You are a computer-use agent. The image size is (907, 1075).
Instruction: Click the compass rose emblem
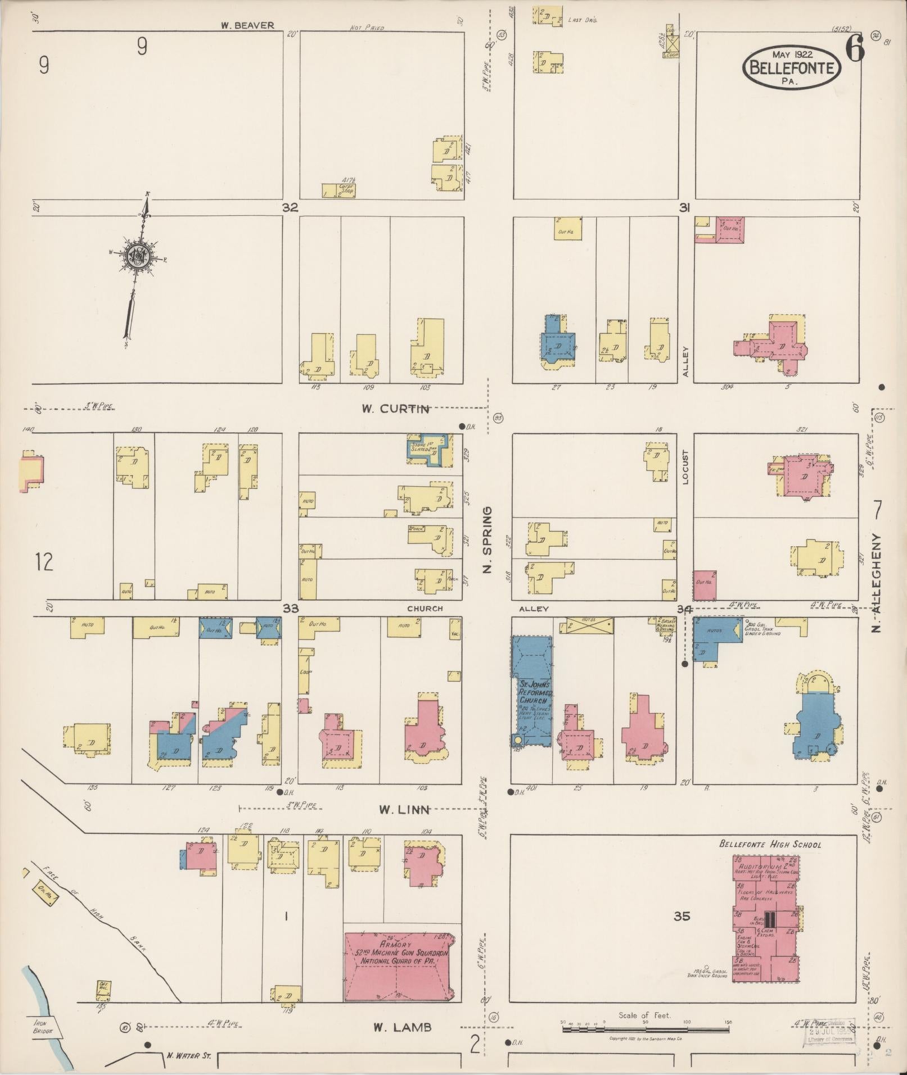(137, 257)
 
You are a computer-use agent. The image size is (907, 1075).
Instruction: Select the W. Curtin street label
(396, 409)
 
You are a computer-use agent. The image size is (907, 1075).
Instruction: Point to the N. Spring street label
(488, 539)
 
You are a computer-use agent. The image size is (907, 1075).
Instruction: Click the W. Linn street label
(404, 810)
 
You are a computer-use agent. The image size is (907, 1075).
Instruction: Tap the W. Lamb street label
(403, 1027)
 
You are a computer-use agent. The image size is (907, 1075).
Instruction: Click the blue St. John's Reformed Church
(532, 691)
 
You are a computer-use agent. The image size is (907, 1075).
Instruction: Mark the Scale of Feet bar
(647, 1029)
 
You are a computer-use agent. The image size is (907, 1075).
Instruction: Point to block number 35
(682, 917)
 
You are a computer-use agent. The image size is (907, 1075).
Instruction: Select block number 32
(290, 207)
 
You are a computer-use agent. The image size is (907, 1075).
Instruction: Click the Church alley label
(425, 608)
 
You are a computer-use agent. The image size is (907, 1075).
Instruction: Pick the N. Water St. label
(188, 1055)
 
